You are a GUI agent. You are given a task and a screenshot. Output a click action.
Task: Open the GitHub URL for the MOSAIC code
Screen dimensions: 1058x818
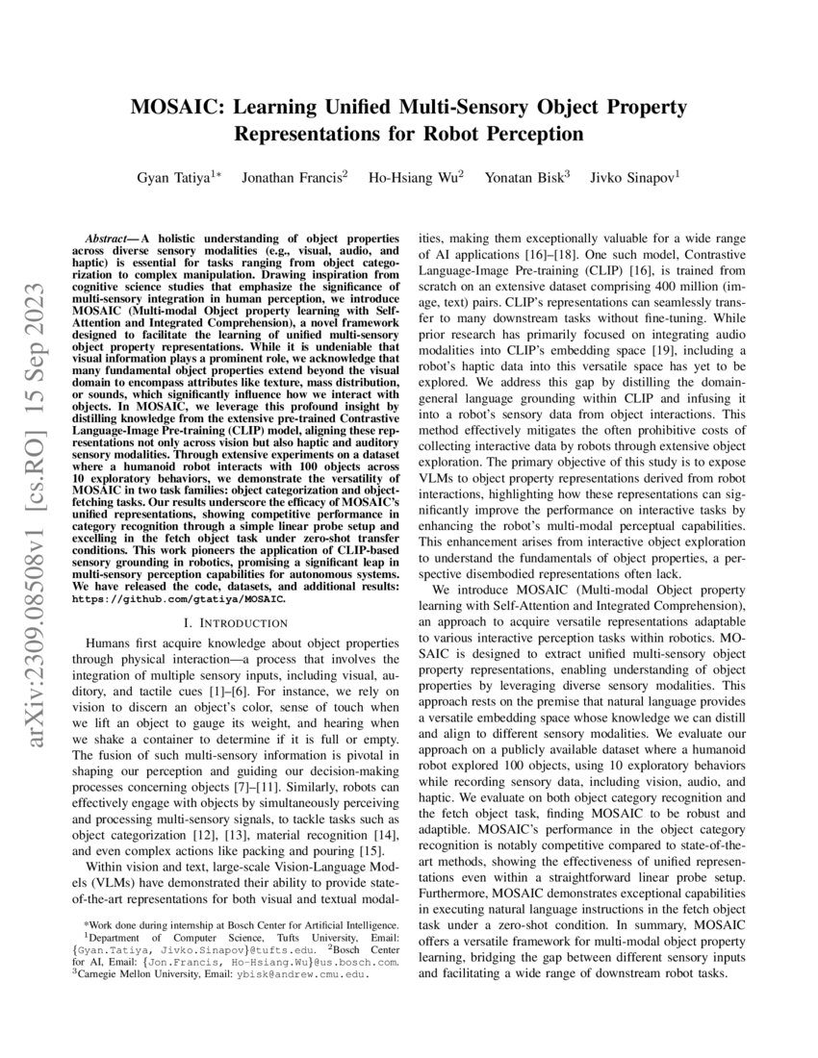(178, 598)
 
